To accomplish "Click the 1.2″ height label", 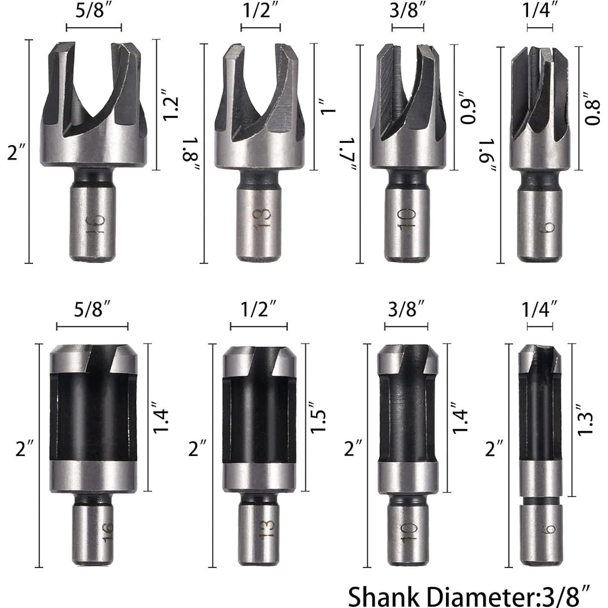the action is [171, 105].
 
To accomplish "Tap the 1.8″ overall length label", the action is [191, 154].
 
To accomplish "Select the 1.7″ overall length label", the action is [348, 154].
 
